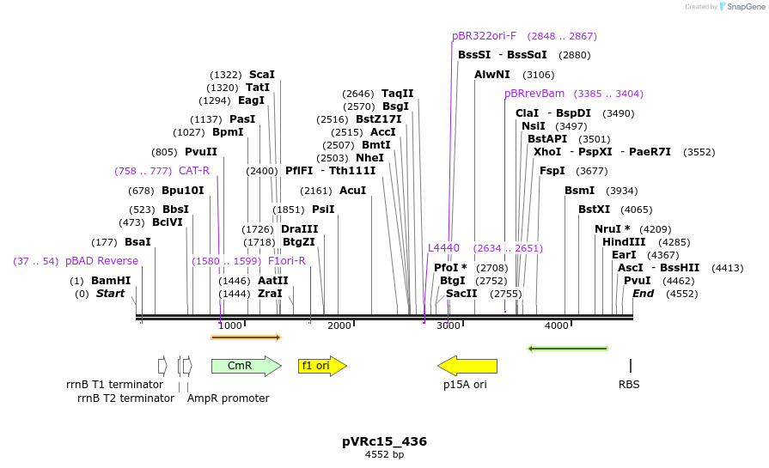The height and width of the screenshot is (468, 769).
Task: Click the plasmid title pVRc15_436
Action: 384,441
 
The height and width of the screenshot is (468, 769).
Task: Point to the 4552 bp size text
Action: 384,454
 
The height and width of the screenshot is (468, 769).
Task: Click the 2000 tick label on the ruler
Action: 339,325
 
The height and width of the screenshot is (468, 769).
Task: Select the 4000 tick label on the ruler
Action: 557,325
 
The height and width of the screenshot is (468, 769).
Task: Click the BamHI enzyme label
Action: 111,281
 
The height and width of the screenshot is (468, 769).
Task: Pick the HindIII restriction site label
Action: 624,242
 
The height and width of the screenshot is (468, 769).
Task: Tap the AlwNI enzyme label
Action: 492,75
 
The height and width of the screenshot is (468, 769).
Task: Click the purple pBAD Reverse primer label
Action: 101,261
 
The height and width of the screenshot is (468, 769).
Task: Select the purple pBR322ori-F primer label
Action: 484,36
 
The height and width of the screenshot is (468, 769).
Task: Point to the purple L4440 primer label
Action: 444,248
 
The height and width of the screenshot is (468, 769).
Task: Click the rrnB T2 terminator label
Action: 125,398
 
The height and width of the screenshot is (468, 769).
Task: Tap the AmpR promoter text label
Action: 228,398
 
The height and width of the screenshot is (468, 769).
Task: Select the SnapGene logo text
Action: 742,7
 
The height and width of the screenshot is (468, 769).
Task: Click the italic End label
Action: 643,294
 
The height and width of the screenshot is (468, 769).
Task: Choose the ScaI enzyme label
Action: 262,75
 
